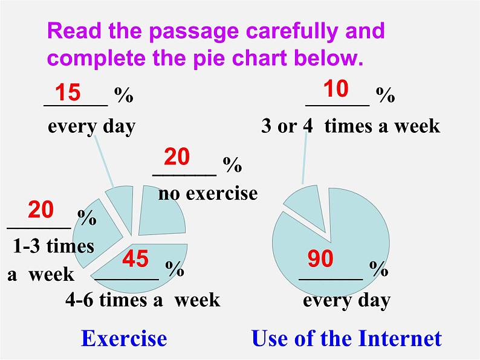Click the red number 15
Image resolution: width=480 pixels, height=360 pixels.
pos(68,93)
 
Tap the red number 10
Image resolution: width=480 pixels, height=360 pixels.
pos(336,89)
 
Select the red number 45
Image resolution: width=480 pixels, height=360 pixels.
pos(135,259)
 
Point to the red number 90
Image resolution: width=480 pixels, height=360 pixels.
pos(320,259)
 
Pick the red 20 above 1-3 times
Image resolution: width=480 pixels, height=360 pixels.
pos(41,210)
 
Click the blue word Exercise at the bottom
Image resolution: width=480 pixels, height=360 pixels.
pos(124,338)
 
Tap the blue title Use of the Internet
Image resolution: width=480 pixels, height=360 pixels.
pos(346,338)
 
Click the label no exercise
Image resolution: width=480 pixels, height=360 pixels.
pos(208,193)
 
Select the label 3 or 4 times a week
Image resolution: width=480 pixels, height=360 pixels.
pos(351,126)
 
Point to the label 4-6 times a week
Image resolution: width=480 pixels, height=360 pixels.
pos(143,300)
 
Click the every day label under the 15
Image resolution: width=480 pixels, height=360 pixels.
pos(91,126)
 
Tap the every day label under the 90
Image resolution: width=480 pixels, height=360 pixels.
pos(346,300)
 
